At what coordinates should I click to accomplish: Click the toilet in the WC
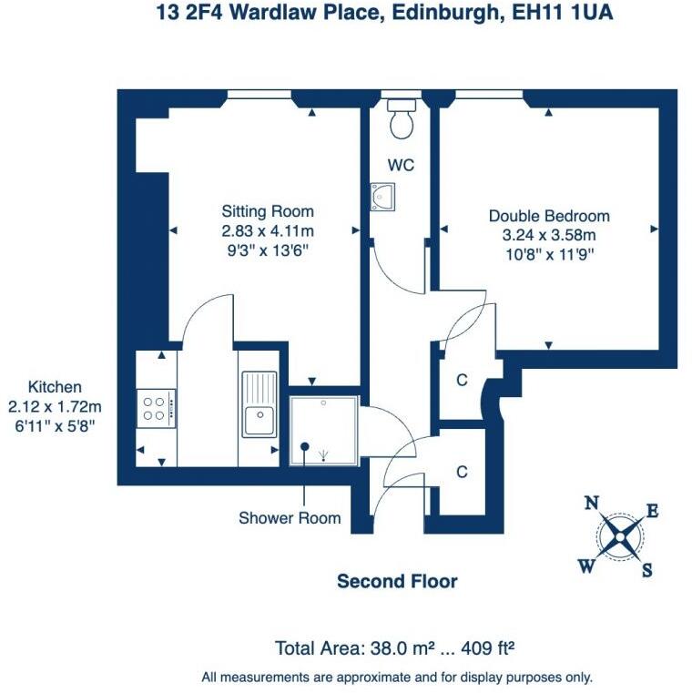[x=401, y=120]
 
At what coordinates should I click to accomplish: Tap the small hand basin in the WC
[x=382, y=196]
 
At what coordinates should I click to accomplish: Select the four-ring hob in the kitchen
[x=156, y=406]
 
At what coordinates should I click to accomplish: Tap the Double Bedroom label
[x=549, y=217]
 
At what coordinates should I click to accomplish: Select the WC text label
[x=402, y=165]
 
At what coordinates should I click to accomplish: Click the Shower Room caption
[x=290, y=518]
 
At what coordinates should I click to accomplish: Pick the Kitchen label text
[x=55, y=386]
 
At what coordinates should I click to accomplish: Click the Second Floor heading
[x=397, y=581]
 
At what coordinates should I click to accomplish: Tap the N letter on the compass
[x=591, y=503]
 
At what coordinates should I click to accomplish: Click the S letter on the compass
[x=647, y=571]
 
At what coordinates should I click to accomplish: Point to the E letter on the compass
[x=652, y=512]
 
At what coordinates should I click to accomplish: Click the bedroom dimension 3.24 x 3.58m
[x=549, y=235]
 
